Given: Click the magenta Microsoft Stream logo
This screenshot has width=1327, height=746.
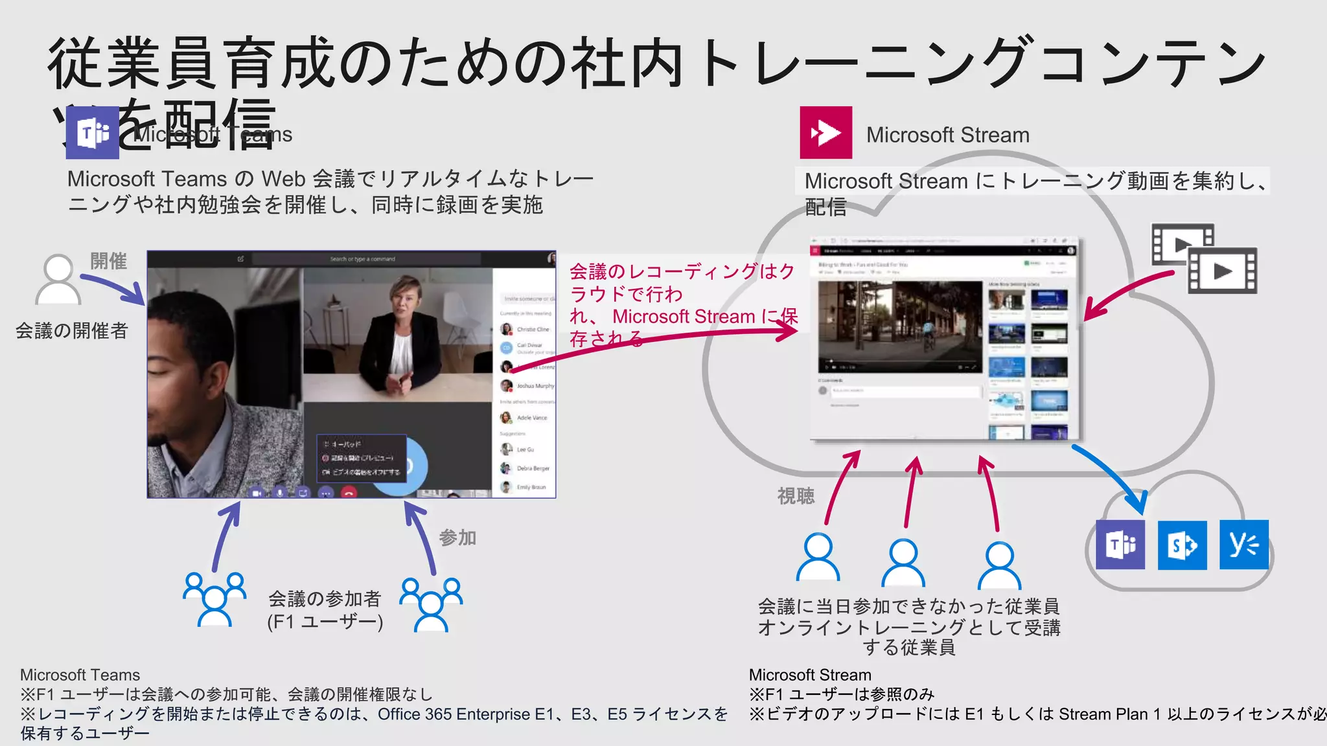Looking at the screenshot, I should click(x=825, y=133).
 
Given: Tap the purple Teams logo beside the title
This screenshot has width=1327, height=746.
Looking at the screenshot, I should click(x=93, y=133).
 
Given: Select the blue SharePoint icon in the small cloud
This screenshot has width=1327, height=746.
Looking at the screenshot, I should click(x=1182, y=545).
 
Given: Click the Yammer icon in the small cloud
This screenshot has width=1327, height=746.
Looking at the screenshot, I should click(x=1243, y=545).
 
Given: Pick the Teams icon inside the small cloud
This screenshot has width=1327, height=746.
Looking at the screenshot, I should click(x=1120, y=545).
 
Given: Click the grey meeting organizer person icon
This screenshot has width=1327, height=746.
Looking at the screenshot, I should click(x=58, y=280).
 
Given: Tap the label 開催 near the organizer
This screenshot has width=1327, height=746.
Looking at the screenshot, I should click(x=108, y=261).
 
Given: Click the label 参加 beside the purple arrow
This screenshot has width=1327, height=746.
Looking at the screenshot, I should click(x=457, y=537).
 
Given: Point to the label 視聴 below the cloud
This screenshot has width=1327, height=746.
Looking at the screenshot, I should click(x=796, y=496).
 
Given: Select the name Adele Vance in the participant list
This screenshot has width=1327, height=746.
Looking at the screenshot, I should click(x=532, y=418).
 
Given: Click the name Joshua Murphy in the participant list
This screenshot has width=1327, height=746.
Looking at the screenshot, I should click(x=535, y=386).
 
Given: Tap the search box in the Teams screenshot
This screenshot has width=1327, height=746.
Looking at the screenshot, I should click(x=363, y=259).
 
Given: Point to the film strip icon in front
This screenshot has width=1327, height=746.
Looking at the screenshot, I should click(x=1223, y=271).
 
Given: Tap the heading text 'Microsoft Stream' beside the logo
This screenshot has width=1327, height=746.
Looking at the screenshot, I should click(x=947, y=135).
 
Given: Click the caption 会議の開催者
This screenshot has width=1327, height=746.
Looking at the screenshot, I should click(x=72, y=331).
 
